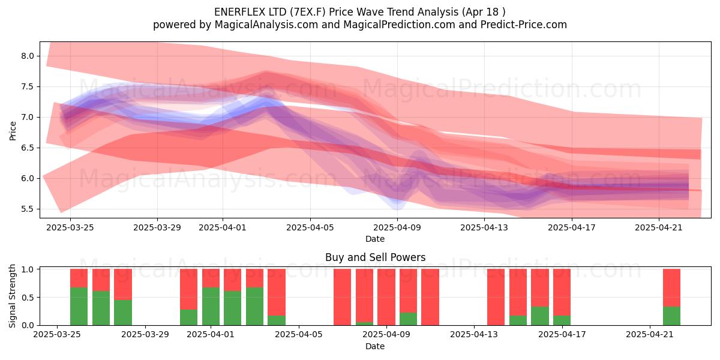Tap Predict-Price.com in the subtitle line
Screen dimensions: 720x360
tap(524, 25)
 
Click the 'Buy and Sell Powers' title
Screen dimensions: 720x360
tap(375, 257)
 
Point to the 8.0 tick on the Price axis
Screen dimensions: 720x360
tap(28, 56)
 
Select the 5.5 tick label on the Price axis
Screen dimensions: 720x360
tap(28, 209)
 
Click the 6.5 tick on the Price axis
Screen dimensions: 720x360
tap(28, 148)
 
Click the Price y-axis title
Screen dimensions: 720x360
tap(13, 131)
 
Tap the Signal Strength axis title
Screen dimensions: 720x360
tap(12, 296)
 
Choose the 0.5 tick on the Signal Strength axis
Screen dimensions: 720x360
tap(28, 298)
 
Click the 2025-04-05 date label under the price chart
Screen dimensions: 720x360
tap(310, 227)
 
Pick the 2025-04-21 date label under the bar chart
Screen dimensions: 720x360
tap(650, 335)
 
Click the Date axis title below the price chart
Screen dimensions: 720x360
tap(375, 239)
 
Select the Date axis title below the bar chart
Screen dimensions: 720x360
tap(375, 346)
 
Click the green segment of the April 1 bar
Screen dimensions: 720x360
tap(211, 307)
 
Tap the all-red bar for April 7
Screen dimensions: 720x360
tap(343, 297)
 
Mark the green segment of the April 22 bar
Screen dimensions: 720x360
tap(672, 316)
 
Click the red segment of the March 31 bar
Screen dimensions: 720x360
tap(188, 289)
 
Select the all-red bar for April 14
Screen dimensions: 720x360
tap(496, 297)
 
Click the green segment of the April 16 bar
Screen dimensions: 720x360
tap(540, 316)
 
